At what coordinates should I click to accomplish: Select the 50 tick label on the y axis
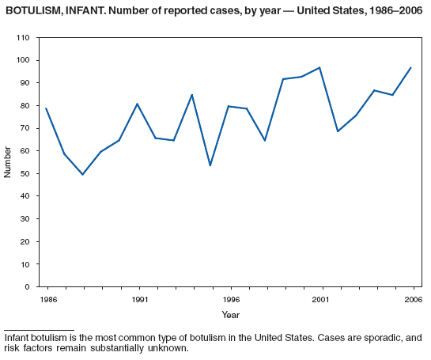tap(25, 174)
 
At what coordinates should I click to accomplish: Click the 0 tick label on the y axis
tap(28, 287)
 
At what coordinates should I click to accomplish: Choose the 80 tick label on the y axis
tap(25, 106)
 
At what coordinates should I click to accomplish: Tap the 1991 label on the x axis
tap(138, 301)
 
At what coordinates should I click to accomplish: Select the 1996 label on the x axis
tap(231, 301)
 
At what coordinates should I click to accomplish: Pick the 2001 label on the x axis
tap(321, 301)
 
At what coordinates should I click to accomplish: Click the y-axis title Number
tap(8, 162)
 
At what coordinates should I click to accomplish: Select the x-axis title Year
tap(231, 315)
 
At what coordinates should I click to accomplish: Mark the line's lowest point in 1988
tap(82, 174)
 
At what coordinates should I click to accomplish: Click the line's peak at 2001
tap(319, 67)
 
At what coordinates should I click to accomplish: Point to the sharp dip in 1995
tap(210, 165)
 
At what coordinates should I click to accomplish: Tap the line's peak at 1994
tap(191, 95)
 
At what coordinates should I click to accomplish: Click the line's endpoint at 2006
tap(410, 67)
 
